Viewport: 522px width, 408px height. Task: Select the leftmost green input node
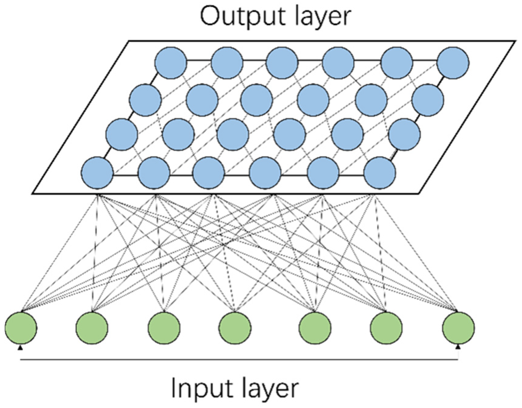(21, 328)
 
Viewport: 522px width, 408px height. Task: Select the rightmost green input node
(458, 328)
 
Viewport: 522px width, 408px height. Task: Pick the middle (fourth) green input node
(235, 328)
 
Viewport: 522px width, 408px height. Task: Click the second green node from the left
(92, 328)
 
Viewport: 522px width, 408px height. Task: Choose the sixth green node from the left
(386, 328)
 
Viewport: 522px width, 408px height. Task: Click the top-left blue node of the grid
(171, 63)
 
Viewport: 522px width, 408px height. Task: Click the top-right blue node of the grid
(453, 63)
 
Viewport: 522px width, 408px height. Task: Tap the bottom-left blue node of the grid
(97, 173)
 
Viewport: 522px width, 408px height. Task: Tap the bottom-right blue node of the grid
(380, 173)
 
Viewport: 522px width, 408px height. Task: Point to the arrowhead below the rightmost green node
(458, 347)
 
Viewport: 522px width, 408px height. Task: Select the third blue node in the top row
(282, 63)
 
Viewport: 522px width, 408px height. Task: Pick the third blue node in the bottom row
(209, 173)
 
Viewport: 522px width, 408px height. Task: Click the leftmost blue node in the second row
(145, 100)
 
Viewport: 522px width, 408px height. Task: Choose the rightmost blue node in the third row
(404, 134)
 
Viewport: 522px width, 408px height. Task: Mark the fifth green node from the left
(315, 328)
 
